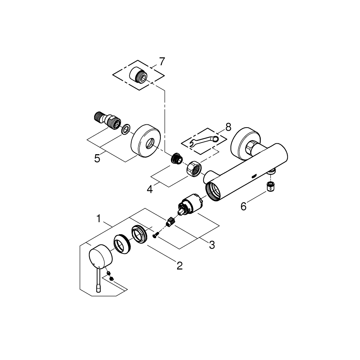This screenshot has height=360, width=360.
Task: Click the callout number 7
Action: tap(162, 61)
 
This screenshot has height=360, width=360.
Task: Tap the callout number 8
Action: tap(228, 127)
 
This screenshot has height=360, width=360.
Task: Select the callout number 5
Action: tap(97, 159)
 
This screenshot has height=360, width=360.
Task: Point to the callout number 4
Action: tap(150, 190)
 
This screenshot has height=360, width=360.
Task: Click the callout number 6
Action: tap(244, 207)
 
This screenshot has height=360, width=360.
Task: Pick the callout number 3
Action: tap(212, 245)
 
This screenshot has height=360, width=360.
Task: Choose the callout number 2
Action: tap(180, 266)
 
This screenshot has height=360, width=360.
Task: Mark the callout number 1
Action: tap(99, 219)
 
